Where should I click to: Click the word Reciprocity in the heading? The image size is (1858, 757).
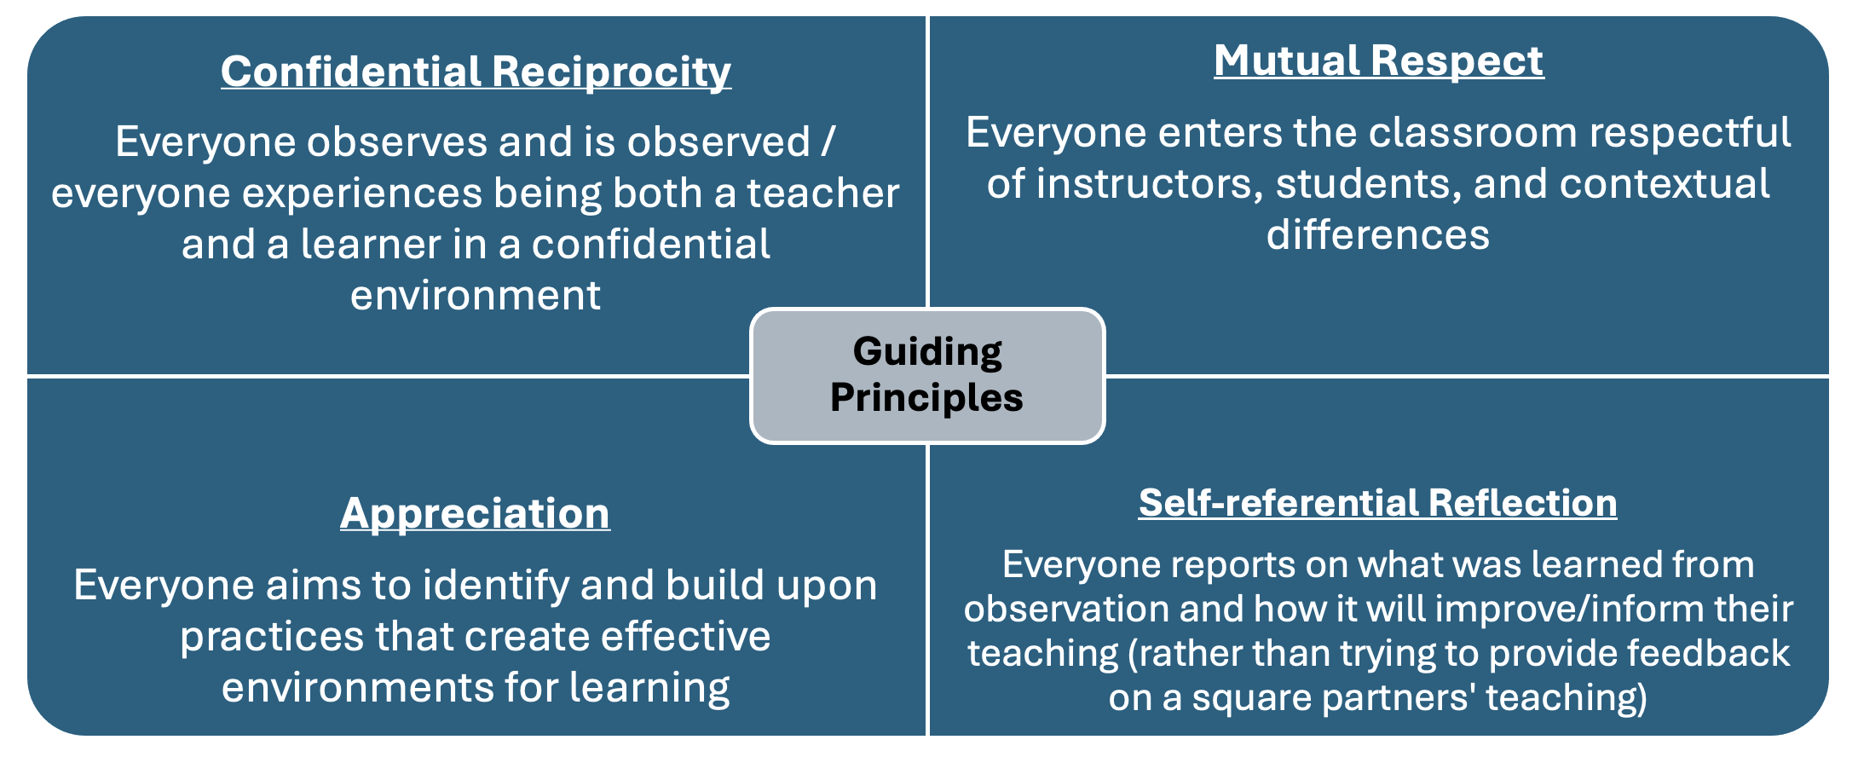(611, 72)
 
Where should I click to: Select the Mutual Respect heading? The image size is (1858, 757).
(1379, 61)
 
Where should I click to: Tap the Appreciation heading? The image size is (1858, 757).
(475, 514)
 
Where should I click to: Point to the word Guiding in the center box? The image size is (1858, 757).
(927, 352)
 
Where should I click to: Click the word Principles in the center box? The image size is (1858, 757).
(926, 397)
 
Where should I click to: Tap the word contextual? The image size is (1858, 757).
(1665, 184)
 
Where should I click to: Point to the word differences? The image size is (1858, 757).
(1378, 235)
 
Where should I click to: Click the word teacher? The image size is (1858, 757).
(823, 194)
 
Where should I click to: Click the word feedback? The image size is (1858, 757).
(1708, 653)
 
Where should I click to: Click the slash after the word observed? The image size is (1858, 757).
(828, 142)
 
